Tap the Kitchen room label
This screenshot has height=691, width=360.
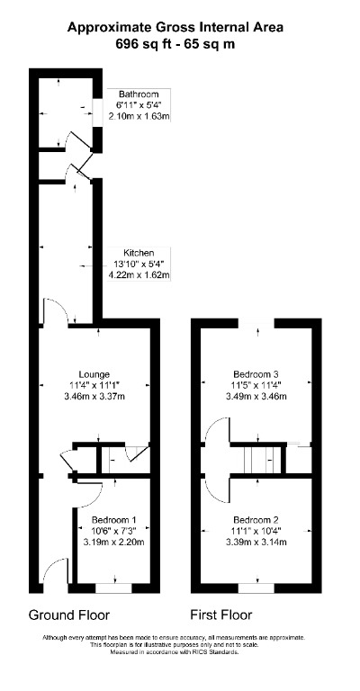pyautogui.click(x=139, y=253)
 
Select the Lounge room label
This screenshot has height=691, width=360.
pyautogui.click(x=94, y=374)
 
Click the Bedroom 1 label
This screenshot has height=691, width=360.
pyautogui.click(x=114, y=520)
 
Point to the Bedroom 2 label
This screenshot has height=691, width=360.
pyautogui.click(x=256, y=520)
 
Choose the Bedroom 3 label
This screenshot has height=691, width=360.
pyautogui.click(x=256, y=374)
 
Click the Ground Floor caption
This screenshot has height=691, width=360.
pyautogui.click(x=69, y=615)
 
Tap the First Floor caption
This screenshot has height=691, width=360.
pyautogui.click(x=220, y=615)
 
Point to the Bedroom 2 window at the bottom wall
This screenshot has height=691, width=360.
pyautogui.click(x=256, y=588)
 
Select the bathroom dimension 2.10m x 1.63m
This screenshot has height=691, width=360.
pyautogui.click(x=139, y=116)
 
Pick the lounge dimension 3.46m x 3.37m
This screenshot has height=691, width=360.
pyautogui.click(x=94, y=396)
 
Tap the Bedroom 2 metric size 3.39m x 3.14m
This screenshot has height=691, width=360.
pyautogui.click(x=256, y=542)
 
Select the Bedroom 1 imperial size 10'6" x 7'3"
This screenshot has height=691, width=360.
pyautogui.click(x=114, y=531)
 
